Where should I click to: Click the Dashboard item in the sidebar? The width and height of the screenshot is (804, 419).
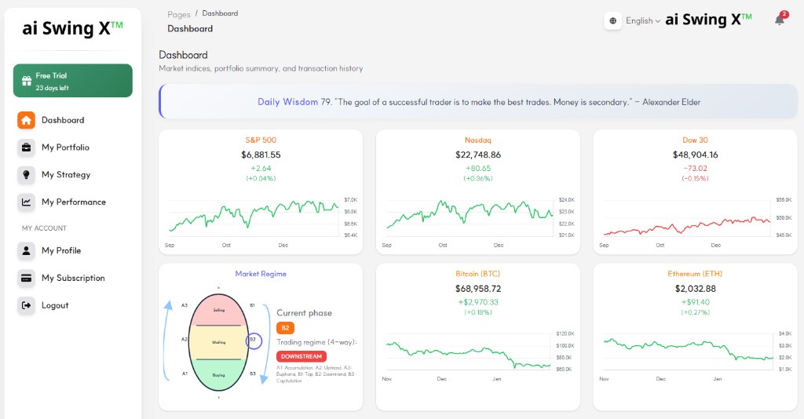(x=62, y=120)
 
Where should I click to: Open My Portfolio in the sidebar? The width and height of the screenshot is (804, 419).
(x=65, y=148)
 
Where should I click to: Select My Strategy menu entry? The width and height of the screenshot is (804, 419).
(x=66, y=175)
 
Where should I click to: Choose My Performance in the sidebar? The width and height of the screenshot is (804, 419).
(x=73, y=202)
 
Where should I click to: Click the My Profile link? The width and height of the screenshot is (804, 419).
(x=61, y=250)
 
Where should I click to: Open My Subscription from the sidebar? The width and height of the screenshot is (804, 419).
(x=73, y=278)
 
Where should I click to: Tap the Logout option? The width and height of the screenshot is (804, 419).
(x=55, y=305)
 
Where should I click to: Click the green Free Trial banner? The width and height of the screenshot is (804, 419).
(x=73, y=81)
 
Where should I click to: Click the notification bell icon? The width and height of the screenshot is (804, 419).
(x=780, y=20)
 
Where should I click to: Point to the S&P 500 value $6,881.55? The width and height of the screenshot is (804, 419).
(x=261, y=155)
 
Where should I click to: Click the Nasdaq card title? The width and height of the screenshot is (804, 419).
(x=477, y=140)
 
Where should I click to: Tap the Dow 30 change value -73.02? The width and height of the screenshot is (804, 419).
(x=695, y=168)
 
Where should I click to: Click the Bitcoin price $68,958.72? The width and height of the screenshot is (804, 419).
(x=477, y=289)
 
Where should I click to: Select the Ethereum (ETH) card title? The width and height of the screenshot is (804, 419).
(x=695, y=274)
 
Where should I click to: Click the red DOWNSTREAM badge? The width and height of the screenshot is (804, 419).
(x=301, y=356)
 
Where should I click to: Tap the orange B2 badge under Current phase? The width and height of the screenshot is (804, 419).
(x=285, y=328)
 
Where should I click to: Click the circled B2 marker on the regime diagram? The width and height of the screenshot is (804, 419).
(x=253, y=341)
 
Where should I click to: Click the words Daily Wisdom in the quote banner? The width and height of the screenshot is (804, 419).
(x=287, y=102)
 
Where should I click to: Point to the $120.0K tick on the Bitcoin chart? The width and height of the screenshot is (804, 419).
(x=565, y=334)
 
